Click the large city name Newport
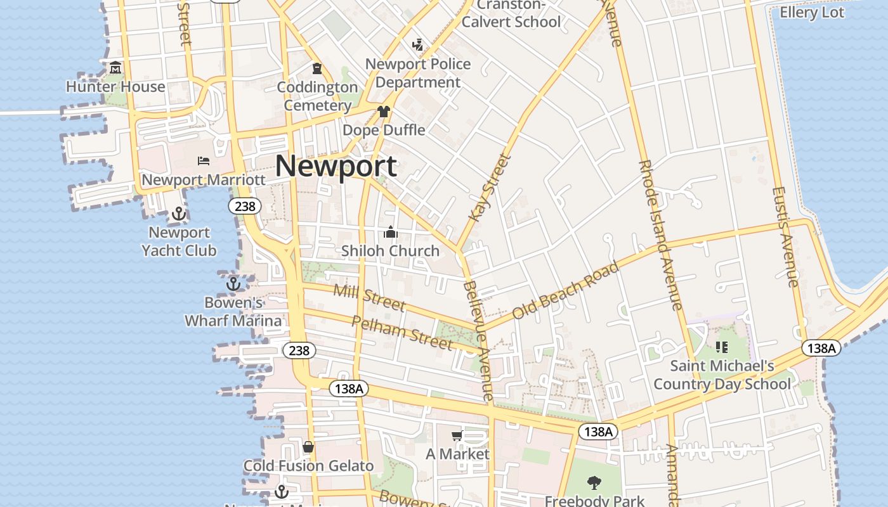point(336,166)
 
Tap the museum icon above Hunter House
point(115,68)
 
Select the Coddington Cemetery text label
point(317,96)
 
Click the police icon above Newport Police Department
point(417,45)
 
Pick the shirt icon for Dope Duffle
point(383,112)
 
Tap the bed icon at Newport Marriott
point(204,161)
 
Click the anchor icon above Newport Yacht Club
point(178,214)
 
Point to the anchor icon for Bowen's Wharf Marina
point(233,283)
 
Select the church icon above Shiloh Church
point(391,233)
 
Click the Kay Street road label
point(490,188)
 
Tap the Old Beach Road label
point(565,290)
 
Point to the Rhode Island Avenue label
point(661,234)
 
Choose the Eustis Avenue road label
point(785,236)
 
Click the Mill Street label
point(369,298)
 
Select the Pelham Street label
point(402,332)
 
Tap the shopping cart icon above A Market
point(457,436)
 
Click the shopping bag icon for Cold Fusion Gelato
point(308,447)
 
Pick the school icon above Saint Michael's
point(721,347)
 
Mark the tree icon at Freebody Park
point(594,484)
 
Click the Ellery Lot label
point(812,13)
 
